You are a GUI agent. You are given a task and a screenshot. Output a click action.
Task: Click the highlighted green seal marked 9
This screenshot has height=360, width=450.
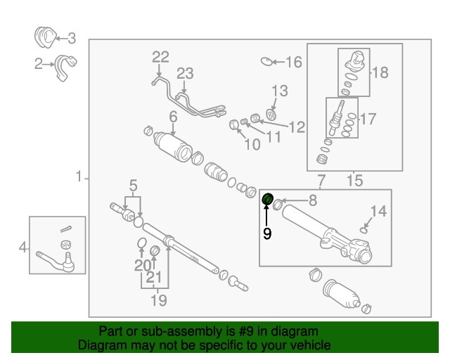(267, 200)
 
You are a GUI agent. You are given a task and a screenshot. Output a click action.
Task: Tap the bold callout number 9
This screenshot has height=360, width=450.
(267, 233)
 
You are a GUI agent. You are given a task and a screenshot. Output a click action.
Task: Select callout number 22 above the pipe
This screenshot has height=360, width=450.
(160, 56)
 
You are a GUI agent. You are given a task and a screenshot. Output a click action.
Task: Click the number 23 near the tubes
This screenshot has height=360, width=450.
(184, 73)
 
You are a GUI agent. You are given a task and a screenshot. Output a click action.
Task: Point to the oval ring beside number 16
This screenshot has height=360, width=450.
(267, 62)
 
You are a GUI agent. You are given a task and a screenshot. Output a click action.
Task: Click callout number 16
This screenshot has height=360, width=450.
(292, 63)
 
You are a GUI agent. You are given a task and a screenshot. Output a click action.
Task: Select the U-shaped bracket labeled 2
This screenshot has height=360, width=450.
(65, 65)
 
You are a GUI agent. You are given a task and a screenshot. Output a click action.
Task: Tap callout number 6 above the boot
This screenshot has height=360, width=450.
(172, 116)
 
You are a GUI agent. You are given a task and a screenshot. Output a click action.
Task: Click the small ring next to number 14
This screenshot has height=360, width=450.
(363, 229)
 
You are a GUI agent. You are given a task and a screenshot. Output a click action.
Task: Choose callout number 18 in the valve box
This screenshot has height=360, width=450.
(380, 72)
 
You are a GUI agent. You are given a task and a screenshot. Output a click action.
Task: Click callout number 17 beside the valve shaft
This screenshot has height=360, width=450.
(368, 120)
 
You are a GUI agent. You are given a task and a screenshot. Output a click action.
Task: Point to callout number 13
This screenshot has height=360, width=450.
(279, 91)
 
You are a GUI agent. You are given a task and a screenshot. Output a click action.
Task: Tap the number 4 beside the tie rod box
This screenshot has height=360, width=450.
(23, 247)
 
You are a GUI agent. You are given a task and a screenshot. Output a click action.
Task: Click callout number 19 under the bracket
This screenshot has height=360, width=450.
(158, 301)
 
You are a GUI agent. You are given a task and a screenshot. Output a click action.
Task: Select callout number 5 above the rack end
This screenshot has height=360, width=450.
(131, 186)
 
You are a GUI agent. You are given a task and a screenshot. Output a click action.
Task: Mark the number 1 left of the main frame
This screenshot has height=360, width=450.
(79, 176)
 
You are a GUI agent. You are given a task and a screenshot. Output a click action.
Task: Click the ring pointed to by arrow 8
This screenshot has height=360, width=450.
(278, 205)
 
